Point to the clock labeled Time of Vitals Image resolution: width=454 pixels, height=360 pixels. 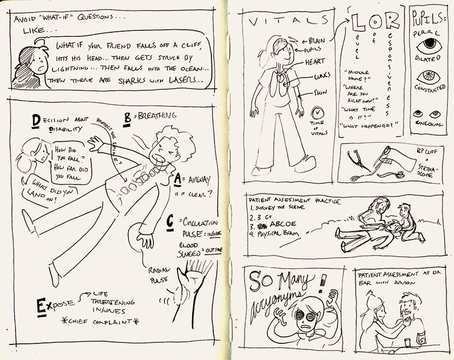point(318,113)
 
